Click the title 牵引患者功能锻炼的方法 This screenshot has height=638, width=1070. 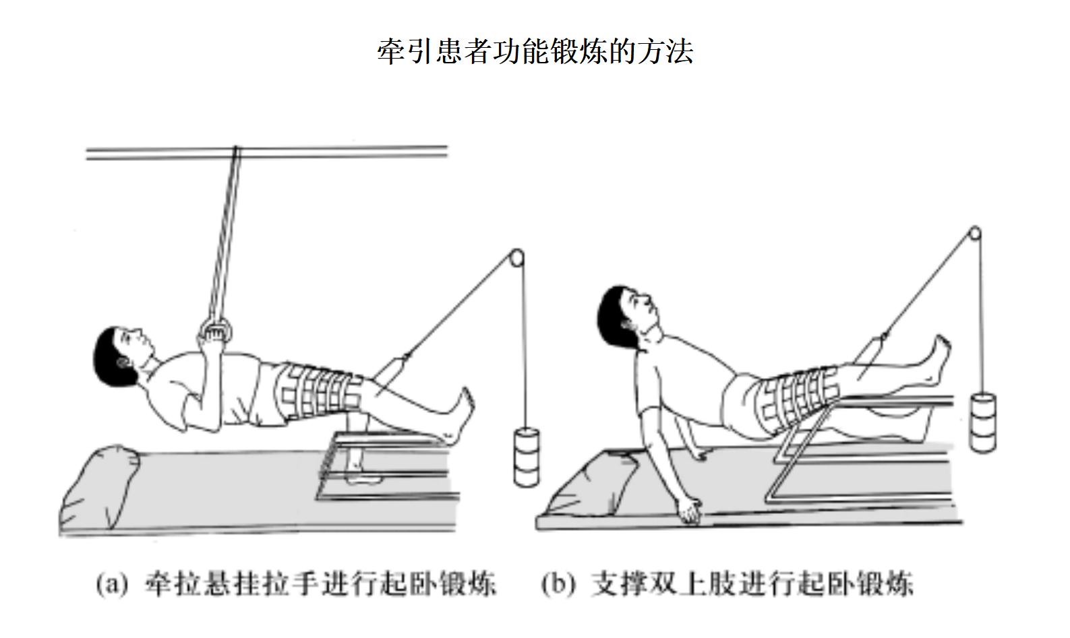tap(535, 51)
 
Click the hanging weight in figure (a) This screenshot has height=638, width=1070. tap(527, 457)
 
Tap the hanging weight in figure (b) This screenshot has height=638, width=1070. tap(982, 422)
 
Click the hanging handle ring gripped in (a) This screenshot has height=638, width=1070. tap(216, 330)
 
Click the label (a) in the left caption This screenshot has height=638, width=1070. tap(112, 584)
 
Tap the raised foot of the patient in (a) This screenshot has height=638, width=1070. tap(461, 415)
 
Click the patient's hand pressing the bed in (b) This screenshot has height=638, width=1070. tap(689, 511)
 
